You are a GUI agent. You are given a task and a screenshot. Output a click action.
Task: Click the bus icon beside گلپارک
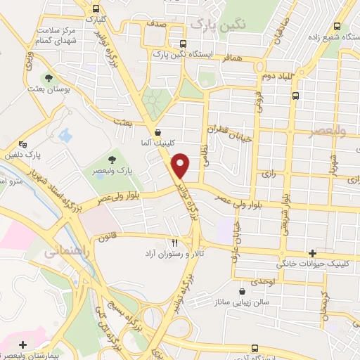tap(96, 8)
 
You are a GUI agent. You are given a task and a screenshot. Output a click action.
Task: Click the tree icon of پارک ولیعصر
tap(111, 161)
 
